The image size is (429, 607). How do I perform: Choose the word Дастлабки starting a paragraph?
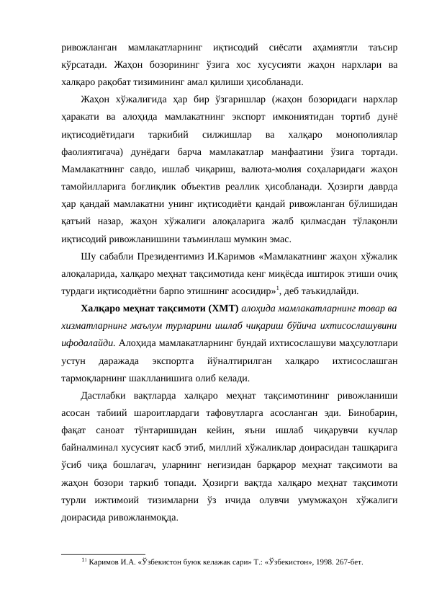coord(106,396)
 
